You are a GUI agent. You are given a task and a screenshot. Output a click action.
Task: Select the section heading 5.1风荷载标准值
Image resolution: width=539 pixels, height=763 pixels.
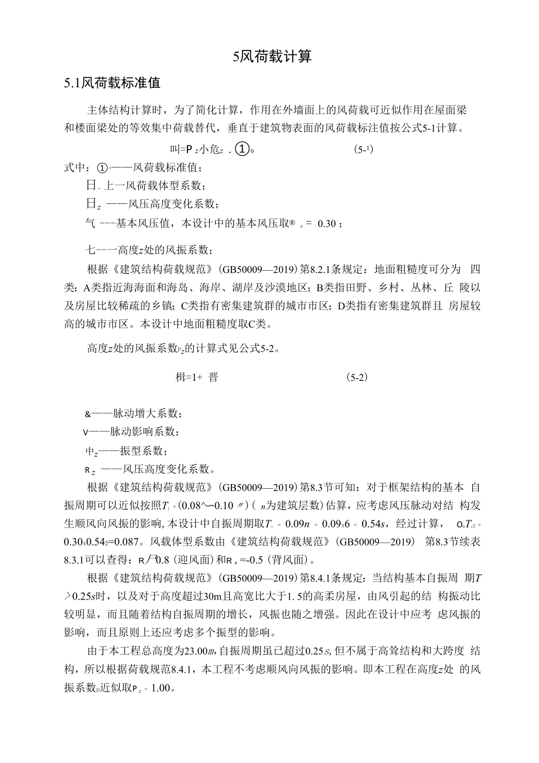coord(112,83)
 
